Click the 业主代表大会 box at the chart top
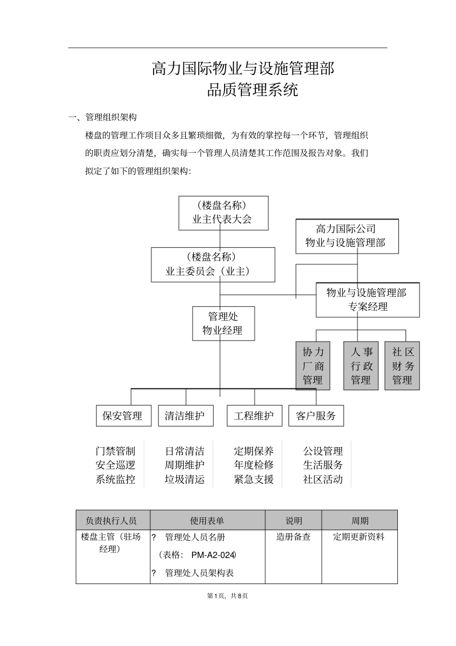point(223,213)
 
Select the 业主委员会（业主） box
point(213,265)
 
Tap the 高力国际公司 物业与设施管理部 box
point(347,236)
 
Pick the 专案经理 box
point(367,300)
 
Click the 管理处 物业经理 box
point(223,323)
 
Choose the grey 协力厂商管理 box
point(313,366)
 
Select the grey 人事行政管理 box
point(361,366)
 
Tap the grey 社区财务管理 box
point(402,366)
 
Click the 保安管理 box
point(123,416)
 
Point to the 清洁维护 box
point(185,416)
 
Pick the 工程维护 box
point(254,416)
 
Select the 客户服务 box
point(316,416)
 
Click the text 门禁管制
point(115,451)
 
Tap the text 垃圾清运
point(185,479)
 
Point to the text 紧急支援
point(254,479)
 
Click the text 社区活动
point(323,479)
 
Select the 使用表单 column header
point(207,521)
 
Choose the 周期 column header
point(360,521)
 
